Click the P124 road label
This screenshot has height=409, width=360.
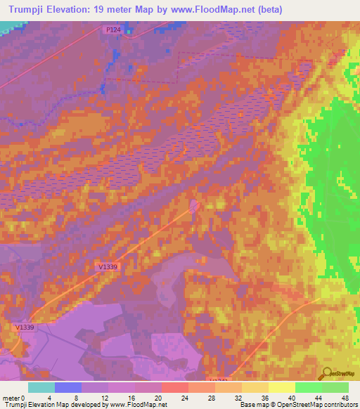(114, 30)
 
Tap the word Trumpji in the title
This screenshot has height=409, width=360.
(31, 9)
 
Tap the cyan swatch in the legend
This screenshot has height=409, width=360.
(41, 387)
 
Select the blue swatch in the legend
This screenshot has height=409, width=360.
(68, 387)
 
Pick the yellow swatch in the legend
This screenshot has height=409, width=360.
(282, 387)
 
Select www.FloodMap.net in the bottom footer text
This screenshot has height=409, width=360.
(137, 405)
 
